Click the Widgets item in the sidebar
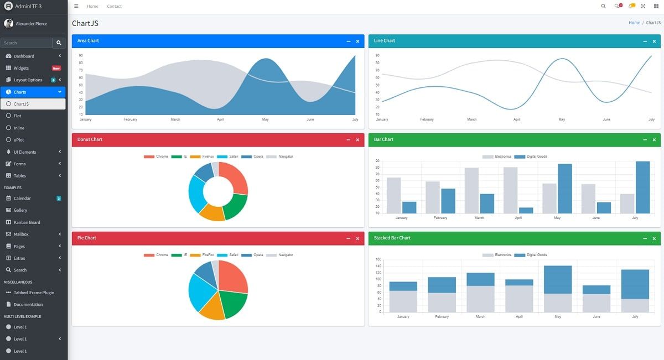(x=21, y=68)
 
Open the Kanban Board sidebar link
(x=27, y=222)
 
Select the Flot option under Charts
(x=18, y=116)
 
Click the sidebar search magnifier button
(x=59, y=43)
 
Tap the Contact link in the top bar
(x=115, y=6)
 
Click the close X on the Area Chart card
(x=357, y=41)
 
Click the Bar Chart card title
(x=383, y=139)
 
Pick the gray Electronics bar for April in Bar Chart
(x=510, y=190)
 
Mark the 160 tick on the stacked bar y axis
(x=378, y=259)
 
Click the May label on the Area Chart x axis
(x=265, y=119)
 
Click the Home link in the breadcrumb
(x=634, y=23)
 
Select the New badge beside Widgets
(x=56, y=68)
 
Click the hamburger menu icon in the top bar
(x=76, y=6)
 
